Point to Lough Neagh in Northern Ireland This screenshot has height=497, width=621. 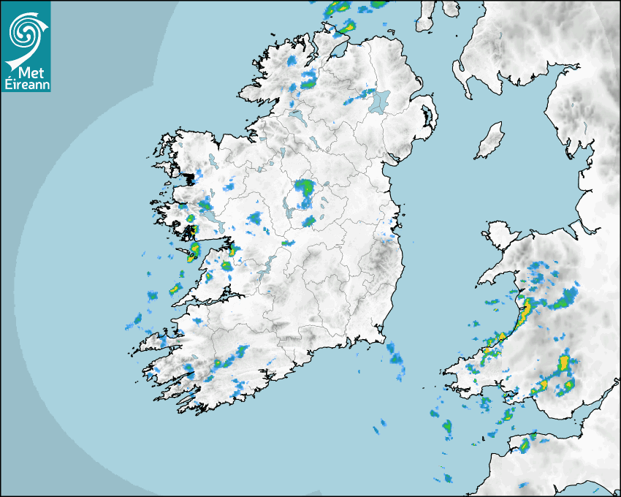[379, 100]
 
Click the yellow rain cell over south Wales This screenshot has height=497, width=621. [563, 364]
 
